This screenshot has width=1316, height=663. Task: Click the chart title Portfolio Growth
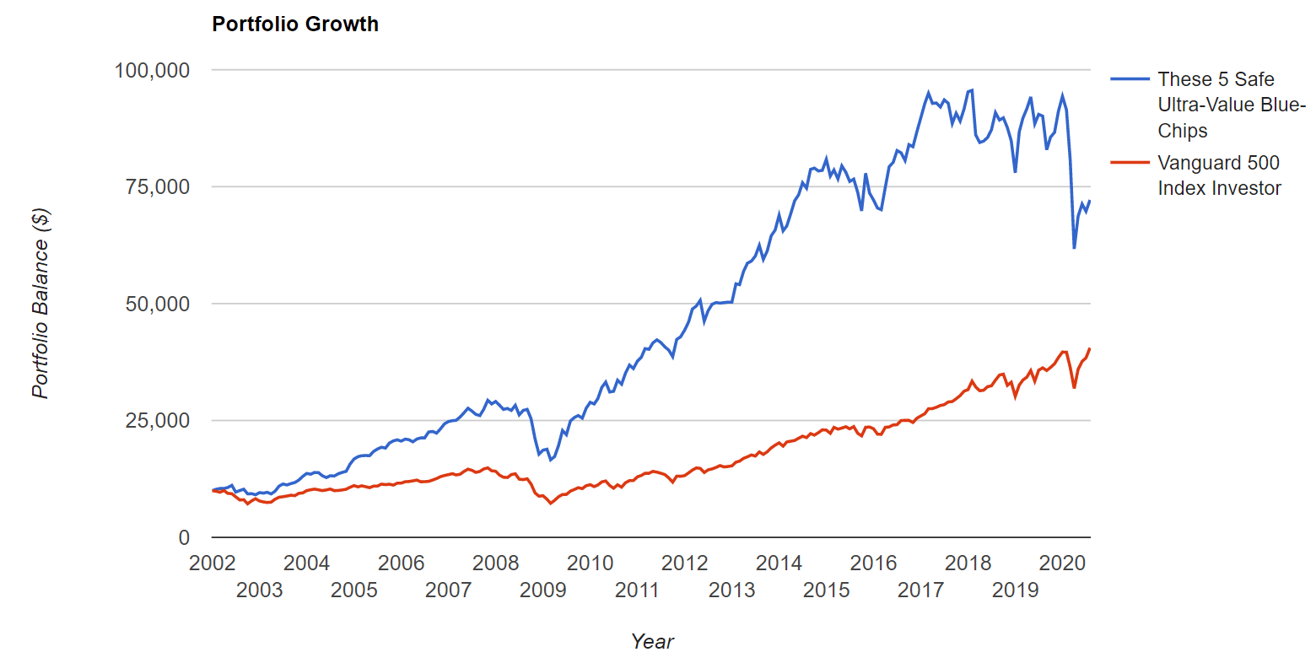click(295, 24)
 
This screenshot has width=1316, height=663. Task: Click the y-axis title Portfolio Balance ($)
click(40, 304)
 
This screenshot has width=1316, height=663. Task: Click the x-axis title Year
click(652, 642)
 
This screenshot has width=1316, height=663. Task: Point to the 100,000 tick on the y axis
click(152, 70)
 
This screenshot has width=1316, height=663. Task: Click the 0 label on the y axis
click(183, 537)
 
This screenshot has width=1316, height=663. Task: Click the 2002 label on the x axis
click(212, 563)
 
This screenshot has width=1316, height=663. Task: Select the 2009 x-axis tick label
click(542, 590)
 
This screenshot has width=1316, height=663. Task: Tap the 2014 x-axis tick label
click(779, 563)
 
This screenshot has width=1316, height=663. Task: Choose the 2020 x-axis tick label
click(1062, 563)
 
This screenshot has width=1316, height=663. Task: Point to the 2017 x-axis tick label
click(920, 590)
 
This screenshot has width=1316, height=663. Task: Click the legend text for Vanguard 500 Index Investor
click(1218, 175)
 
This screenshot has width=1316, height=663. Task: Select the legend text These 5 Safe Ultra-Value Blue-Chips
click(1231, 105)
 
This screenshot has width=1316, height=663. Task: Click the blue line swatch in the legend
click(1130, 79)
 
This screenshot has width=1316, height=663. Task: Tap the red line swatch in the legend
click(1130, 163)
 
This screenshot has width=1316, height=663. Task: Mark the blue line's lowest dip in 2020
click(1074, 248)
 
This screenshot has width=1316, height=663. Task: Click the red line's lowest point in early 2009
click(551, 503)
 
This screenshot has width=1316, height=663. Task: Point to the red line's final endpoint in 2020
click(1090, 348)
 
